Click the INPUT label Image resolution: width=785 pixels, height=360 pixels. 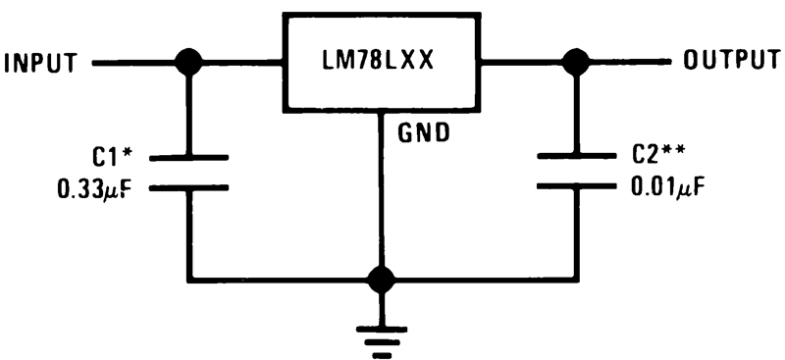click(x=40, y=64)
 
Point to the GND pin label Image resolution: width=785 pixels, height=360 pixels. click(x=423, y=132)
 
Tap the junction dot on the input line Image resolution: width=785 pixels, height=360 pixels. click(x=187, y=63)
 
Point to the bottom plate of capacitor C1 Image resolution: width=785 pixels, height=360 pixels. click(x=187, y=186)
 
